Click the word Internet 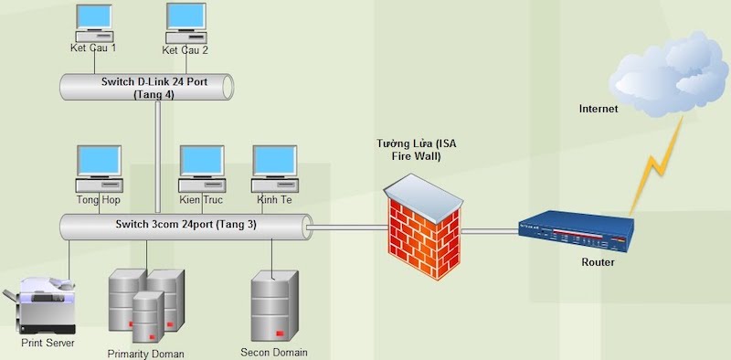coord(599,110)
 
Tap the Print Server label coord(48,344)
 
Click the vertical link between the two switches coord(158,155)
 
